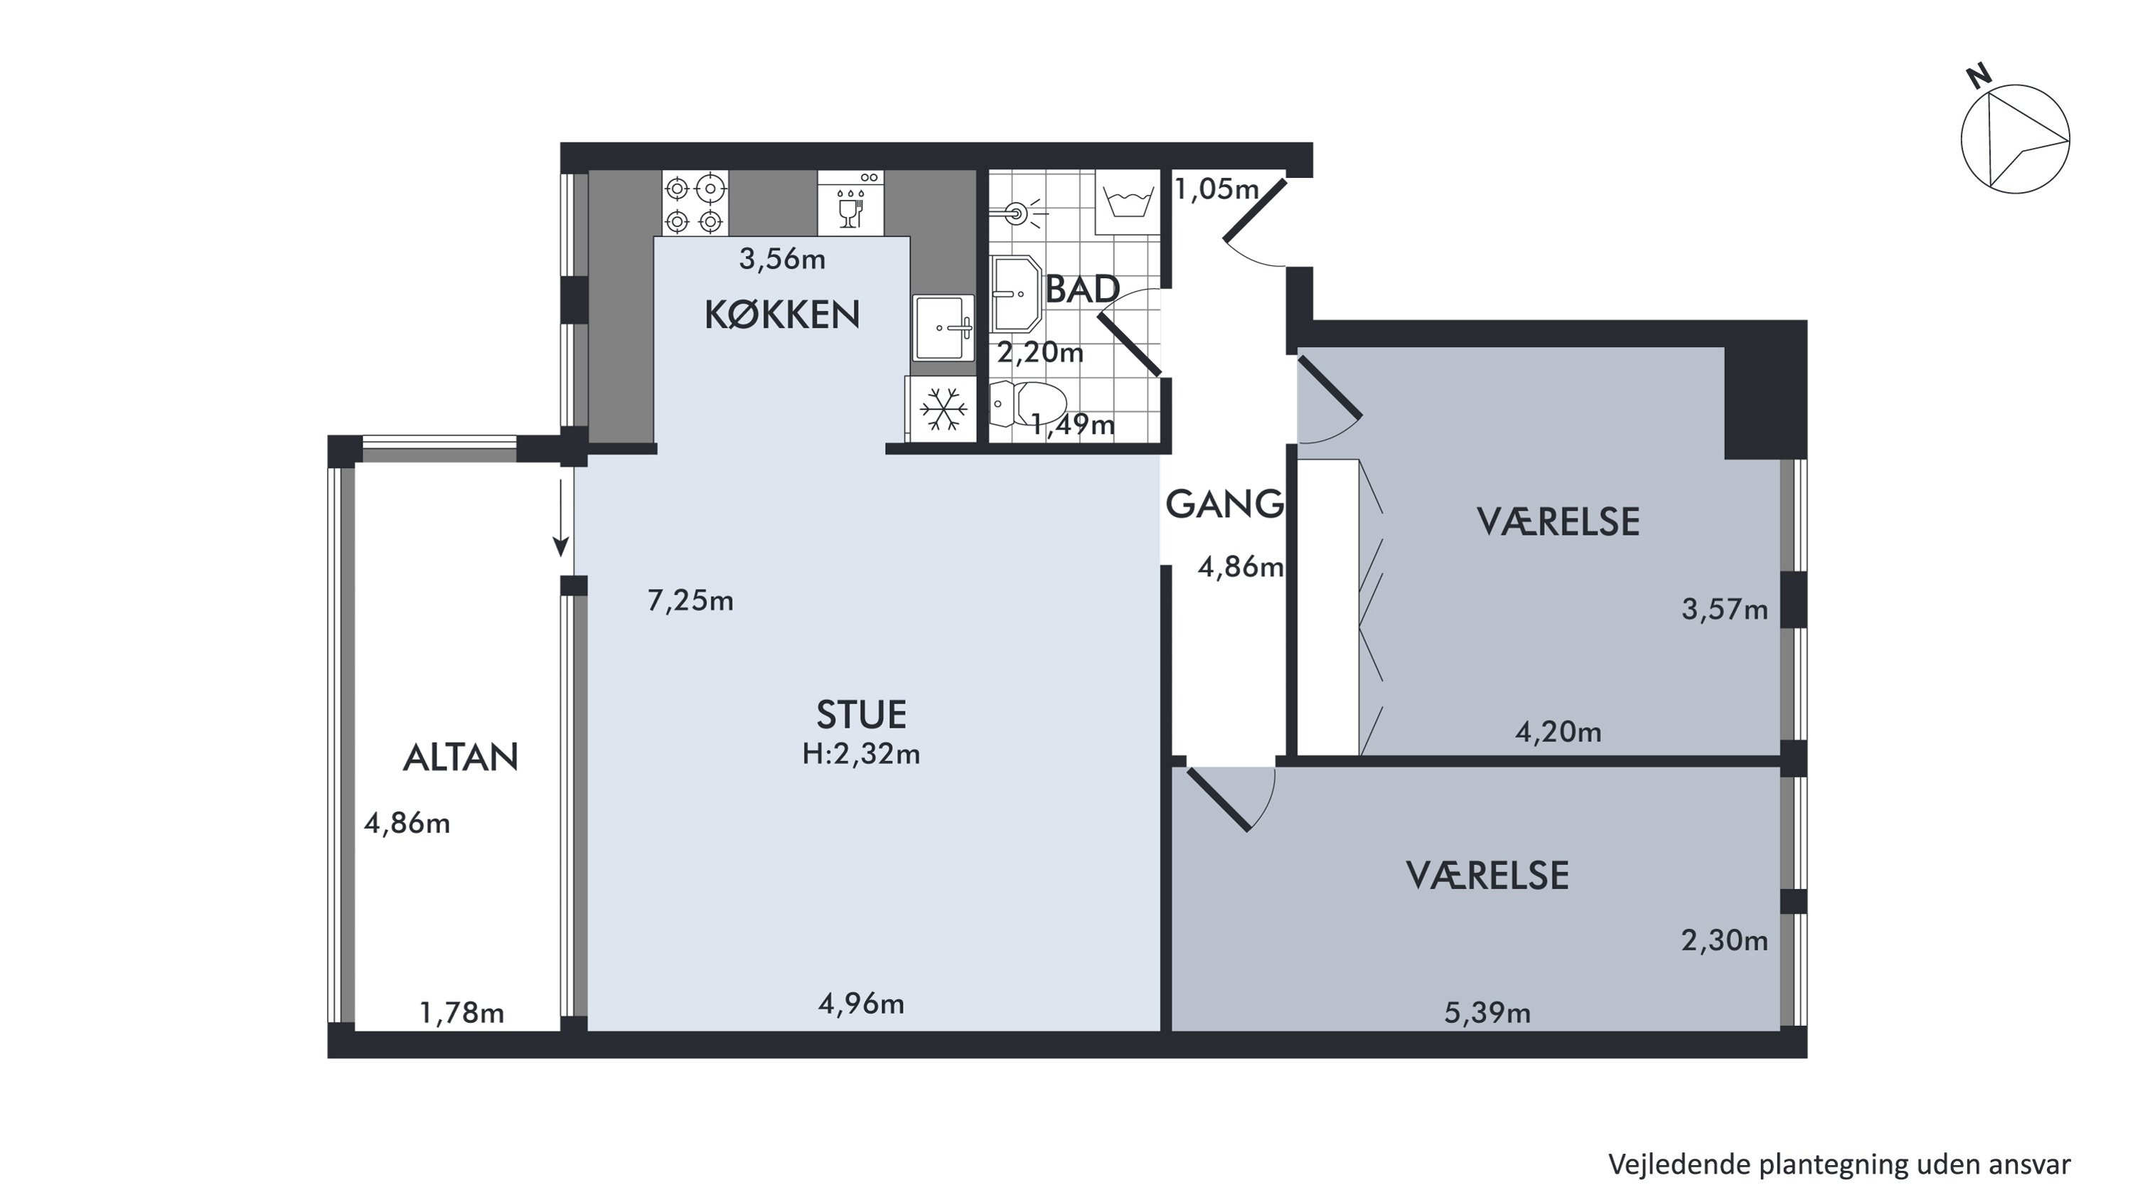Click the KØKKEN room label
tap(781, 314)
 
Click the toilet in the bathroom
tap(1027, 404)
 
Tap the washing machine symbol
tap(1126, 203)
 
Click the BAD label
tap(1082, 289)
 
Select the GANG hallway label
tap(1224, 504)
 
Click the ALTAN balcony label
tap(461, 757)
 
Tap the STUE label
tap(861, 714)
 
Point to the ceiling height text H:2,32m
tap(861, 753)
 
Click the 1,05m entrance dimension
tap(1217, 190)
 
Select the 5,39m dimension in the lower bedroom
tap(1487, 1012)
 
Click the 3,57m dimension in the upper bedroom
tap(1725, 610)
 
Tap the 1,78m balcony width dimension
tap(461, 1012)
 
